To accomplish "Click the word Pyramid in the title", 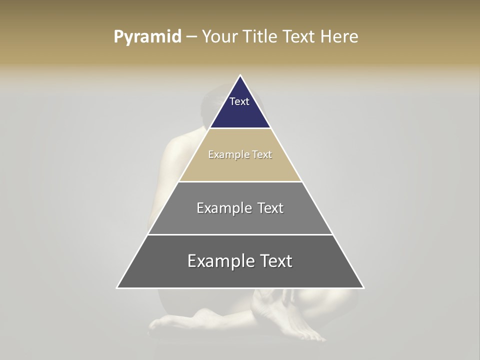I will coord(147,37).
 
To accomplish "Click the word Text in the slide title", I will coord(299,37).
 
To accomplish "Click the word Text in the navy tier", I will coord(239,101).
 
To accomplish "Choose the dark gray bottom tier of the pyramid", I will coord(240,275).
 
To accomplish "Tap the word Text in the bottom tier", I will coord(275,261).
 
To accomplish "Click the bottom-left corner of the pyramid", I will coord(117,287).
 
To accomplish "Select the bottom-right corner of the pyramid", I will coord(363,287).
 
